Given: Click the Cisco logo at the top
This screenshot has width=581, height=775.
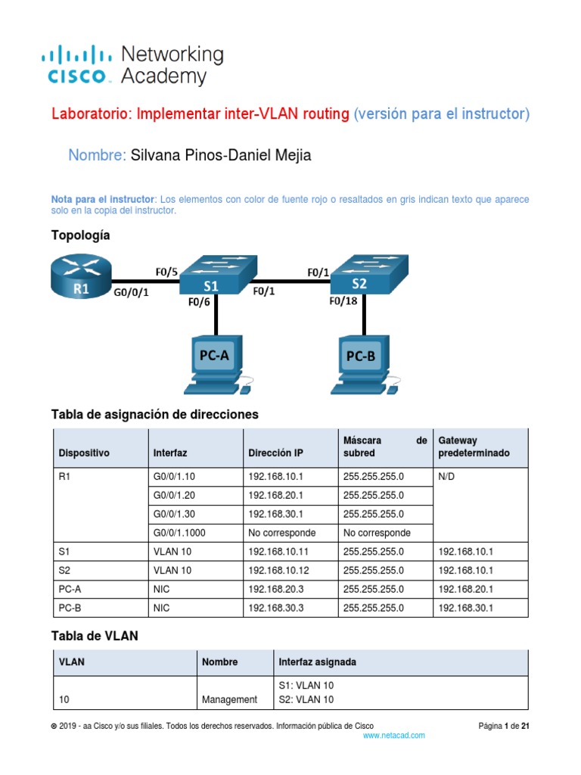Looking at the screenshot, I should (x=76, y=64).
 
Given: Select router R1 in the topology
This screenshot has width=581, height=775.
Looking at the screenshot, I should (x=80, y=277).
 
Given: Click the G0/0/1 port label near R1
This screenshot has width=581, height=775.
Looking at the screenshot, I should (x=131, y=291).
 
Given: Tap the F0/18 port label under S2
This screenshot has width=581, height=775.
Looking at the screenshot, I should (x=344, y=300).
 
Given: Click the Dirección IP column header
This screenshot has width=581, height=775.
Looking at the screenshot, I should (x=275, y=453).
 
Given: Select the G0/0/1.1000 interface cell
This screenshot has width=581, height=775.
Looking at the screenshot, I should (x=179, y=532).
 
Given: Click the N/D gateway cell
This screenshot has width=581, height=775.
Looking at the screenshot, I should (x=447, y=477).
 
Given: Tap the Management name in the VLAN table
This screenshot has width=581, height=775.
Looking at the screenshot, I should (x=230, y=699).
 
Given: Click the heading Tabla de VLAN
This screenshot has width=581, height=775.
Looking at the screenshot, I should (x=95, y=636).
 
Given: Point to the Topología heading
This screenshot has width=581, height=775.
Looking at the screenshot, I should (x=80, y=235).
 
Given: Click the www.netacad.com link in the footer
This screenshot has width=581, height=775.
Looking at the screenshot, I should (x=393, y=735).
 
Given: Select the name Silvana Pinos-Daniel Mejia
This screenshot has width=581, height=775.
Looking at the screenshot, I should (x=221, y=156).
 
